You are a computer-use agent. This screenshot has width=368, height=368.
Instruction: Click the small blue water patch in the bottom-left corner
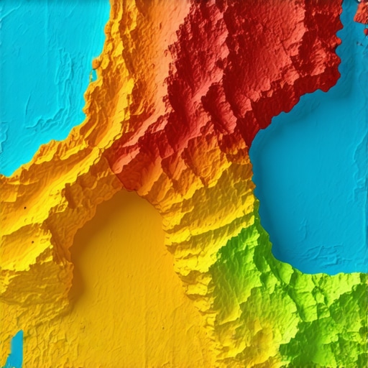click(15, 349)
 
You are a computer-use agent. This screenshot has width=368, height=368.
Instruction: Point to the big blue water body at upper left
click(43, 72)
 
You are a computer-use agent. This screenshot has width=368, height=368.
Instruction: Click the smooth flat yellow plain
click(129, 287)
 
